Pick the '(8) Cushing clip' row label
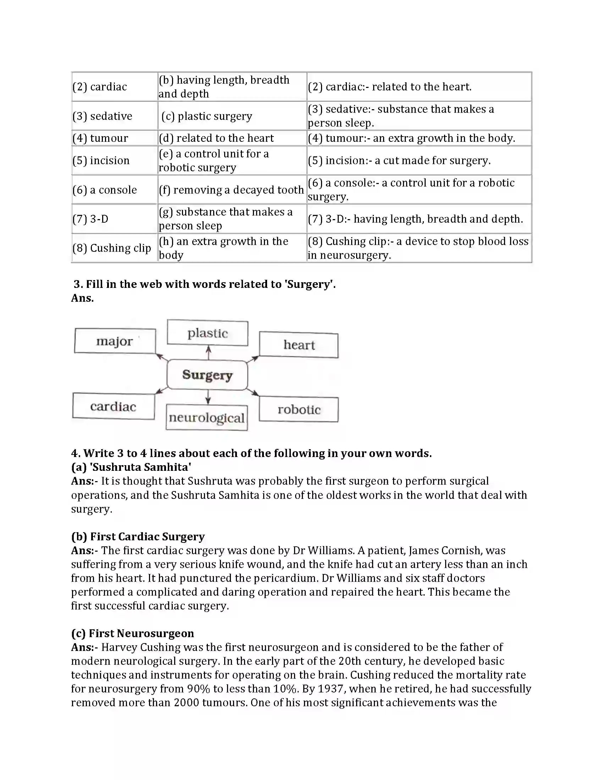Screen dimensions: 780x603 click(x=112, y=248)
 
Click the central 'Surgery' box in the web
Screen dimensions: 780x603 click(x=207, y=375)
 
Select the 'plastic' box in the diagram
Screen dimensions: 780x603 click(x=208, y=333)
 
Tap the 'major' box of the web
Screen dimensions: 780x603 click(x=115, y=341)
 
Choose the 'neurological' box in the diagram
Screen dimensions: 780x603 click(x=206, y=418)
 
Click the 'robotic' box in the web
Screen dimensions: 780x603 click(x=299, y=409)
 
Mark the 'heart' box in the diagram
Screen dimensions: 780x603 click(x=299, y=345)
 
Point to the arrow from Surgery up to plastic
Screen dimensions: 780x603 click(x=209, y=352)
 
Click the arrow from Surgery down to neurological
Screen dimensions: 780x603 click(x=208, y=397)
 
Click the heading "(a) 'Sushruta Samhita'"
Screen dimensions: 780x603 click(x=131, y=467)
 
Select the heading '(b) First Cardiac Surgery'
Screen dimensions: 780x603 click(x=138, y=536)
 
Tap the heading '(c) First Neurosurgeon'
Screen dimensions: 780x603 click(x=133, y=633)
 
